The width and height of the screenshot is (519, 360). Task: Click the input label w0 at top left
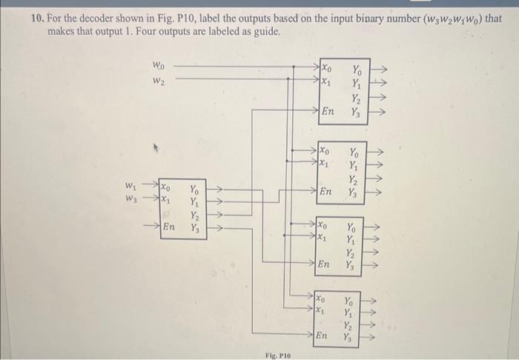(159, 66)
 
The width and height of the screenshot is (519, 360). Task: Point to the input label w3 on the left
(130, 199)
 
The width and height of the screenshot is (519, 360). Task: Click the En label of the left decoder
(169, 227)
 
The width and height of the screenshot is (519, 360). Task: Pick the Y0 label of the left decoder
(194, 189)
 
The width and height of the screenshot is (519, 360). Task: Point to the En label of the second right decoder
(325, 191)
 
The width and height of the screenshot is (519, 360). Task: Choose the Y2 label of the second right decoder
(354, 179)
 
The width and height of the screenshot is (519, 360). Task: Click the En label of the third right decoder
(323, 264)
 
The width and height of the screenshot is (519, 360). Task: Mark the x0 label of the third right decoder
(323, 225)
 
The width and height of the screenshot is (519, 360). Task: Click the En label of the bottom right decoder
(321, 336)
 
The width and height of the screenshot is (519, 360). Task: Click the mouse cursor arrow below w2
(156, 147)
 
